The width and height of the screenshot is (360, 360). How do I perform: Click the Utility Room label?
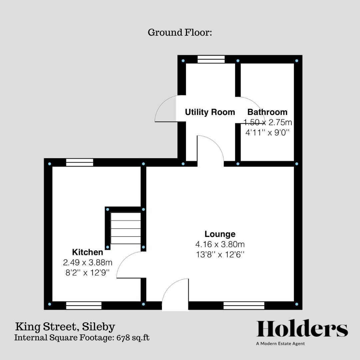210,112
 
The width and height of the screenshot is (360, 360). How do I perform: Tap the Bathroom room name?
267,112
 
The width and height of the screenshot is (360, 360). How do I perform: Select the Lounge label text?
220,234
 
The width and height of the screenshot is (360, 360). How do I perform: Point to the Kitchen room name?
87,252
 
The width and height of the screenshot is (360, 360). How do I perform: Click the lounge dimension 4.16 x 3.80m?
220,244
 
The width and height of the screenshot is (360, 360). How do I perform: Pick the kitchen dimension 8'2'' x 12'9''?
87,273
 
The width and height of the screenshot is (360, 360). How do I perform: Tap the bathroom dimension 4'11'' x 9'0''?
267,132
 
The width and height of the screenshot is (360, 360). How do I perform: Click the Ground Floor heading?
180,32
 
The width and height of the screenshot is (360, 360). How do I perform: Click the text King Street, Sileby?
65,327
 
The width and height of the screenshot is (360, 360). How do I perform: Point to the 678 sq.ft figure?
133,338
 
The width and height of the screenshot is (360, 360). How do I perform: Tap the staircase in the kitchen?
126,228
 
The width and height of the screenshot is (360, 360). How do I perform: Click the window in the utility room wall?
211,59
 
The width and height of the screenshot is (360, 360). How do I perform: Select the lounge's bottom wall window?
244,306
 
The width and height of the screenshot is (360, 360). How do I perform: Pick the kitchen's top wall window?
80,162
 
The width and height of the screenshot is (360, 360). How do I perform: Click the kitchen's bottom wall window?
84,306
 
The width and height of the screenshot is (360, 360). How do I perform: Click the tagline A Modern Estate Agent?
280,344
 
